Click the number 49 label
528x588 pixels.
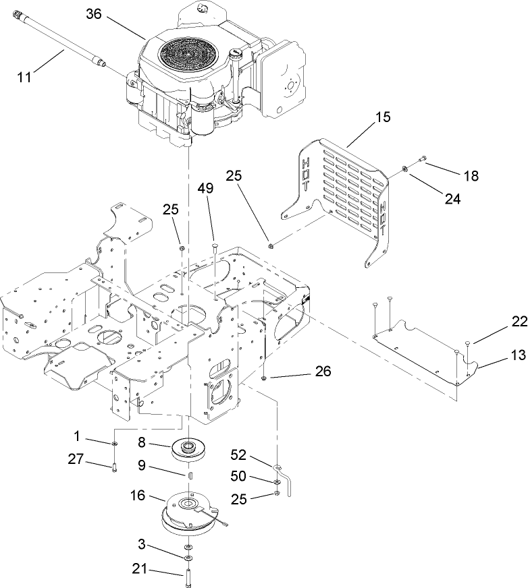[206, 189]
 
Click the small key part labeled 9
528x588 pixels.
[190, 475]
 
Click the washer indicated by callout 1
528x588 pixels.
[115, 443]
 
